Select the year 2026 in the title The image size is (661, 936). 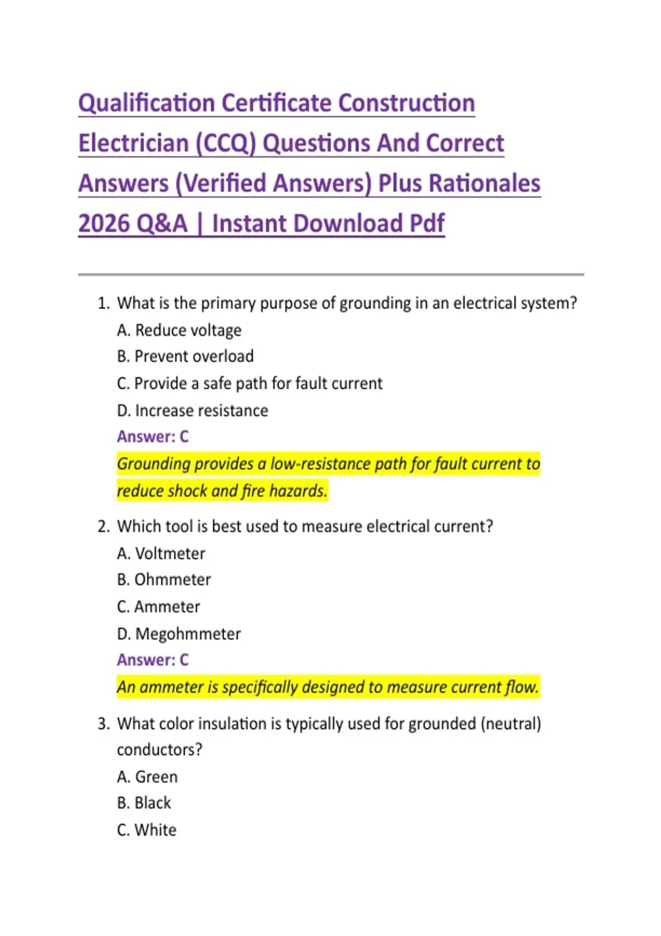click(x=103, y=224)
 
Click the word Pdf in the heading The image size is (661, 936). click(x=426, y=224)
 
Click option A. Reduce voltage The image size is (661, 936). click(x=179, y=330)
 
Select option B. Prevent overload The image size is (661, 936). click(x=185, y=357)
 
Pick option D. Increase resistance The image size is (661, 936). click(x=192, y=411)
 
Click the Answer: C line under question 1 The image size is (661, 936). click(x=153, y=437)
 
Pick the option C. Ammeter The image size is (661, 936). click(x=158, y=607)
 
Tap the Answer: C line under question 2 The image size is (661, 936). click(x=153, y=660)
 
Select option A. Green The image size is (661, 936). click(x=147, y=777)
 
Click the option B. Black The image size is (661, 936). click(x=144, y=803)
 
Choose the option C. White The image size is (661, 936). click(x=147, y=830)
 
